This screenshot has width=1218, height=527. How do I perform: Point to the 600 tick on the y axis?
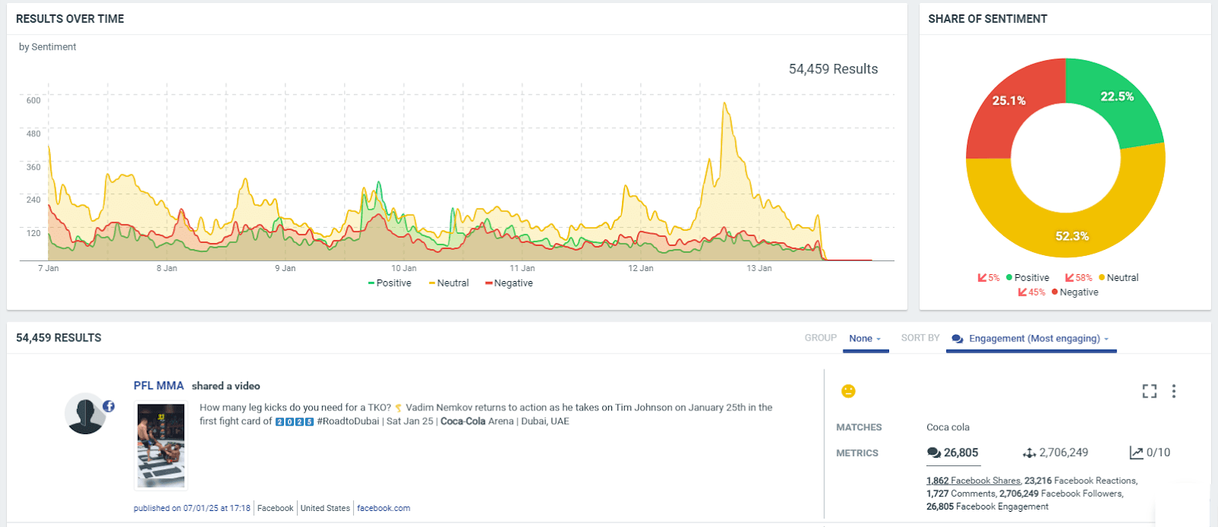[33, 101]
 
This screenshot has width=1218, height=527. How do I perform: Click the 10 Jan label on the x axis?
[403, 268]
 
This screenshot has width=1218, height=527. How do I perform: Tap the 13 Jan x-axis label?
[759, 268]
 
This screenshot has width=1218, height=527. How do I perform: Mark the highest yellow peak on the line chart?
[725, 104]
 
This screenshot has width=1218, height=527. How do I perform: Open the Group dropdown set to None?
[865, 339]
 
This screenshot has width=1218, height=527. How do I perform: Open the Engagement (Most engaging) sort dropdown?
[1032, 339]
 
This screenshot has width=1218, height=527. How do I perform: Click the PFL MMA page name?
[158, 386]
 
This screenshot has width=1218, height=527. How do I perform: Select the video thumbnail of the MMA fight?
[161, 446]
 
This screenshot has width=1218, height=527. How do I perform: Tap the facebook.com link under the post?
[384, 508]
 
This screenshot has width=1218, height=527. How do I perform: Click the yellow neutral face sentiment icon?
[848, 391]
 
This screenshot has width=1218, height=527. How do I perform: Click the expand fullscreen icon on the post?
[1149, 391]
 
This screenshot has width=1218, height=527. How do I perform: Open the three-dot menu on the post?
[1174, 391]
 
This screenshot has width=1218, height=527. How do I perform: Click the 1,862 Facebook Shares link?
[973, 481]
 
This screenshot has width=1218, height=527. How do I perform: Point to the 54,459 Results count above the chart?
[833, 69]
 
